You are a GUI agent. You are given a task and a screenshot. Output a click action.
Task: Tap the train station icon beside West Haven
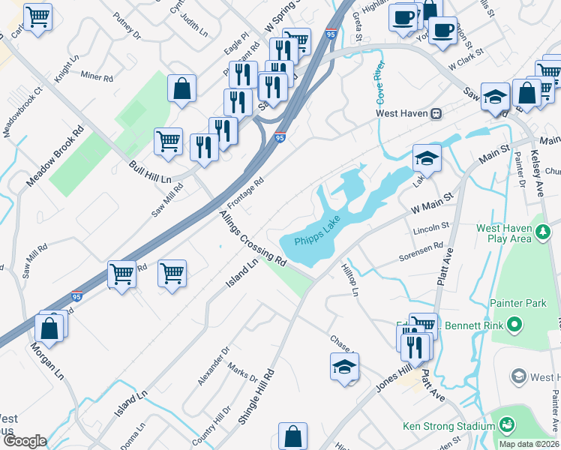435,114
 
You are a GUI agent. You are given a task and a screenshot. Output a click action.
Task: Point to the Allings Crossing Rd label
253,239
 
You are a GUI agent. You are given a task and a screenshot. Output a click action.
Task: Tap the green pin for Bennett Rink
514,325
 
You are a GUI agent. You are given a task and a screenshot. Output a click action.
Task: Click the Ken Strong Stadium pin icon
507,425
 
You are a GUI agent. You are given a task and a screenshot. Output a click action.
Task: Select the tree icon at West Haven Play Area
544,235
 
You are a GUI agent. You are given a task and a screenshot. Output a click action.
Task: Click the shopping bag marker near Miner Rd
182,88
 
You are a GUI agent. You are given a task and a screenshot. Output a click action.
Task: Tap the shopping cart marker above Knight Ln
37,16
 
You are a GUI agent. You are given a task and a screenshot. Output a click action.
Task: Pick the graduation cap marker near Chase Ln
343,366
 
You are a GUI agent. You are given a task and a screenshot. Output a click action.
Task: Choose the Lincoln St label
431,225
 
